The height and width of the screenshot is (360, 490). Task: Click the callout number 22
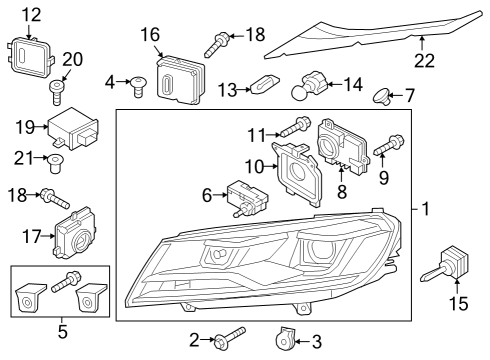tap(425, 60)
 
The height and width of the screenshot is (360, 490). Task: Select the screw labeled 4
tap(137, 87)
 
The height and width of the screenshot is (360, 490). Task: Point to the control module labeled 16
tap(181, 80)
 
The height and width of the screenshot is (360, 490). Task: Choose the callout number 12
tap(31, 15)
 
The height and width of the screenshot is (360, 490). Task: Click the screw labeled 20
tap(56, 92)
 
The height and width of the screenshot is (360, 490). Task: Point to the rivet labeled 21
tap(55, 163)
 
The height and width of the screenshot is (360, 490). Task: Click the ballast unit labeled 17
tap(74, 233)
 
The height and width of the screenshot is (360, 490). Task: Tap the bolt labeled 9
tap(389, 145)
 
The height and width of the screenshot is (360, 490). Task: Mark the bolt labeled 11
tap(296, 127)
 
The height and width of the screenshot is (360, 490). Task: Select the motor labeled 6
tap(248, 198)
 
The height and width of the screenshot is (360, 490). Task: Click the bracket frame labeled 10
tap(298, 173)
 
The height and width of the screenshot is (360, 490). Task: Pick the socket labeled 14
tap(310, 85)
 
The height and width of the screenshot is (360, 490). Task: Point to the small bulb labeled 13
tap(265, 86)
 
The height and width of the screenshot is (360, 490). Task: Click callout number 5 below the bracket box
tap(63, 332)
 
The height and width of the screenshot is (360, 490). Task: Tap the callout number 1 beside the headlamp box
tap(426, 209)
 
